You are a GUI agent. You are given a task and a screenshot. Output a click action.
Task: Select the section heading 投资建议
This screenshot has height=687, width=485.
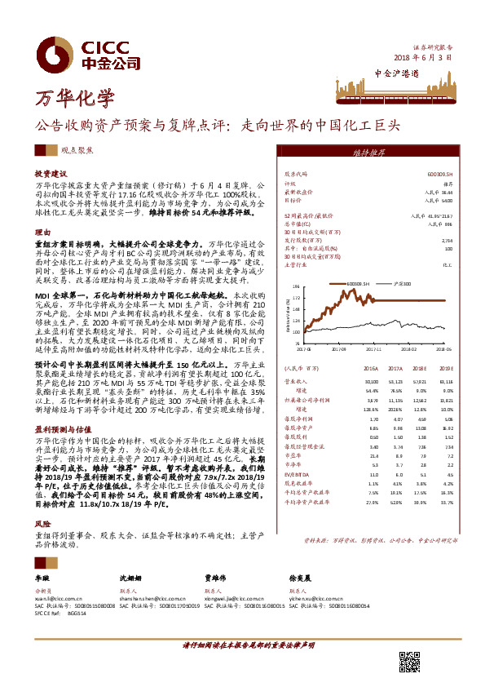coord(51,175)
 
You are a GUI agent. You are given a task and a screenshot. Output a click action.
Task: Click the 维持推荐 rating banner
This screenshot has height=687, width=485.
coord(368,153)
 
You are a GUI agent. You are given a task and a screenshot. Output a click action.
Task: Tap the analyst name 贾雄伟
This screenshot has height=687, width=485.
coord(214,578)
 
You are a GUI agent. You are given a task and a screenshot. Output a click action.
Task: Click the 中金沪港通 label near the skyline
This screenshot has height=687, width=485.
coord(397,73)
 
